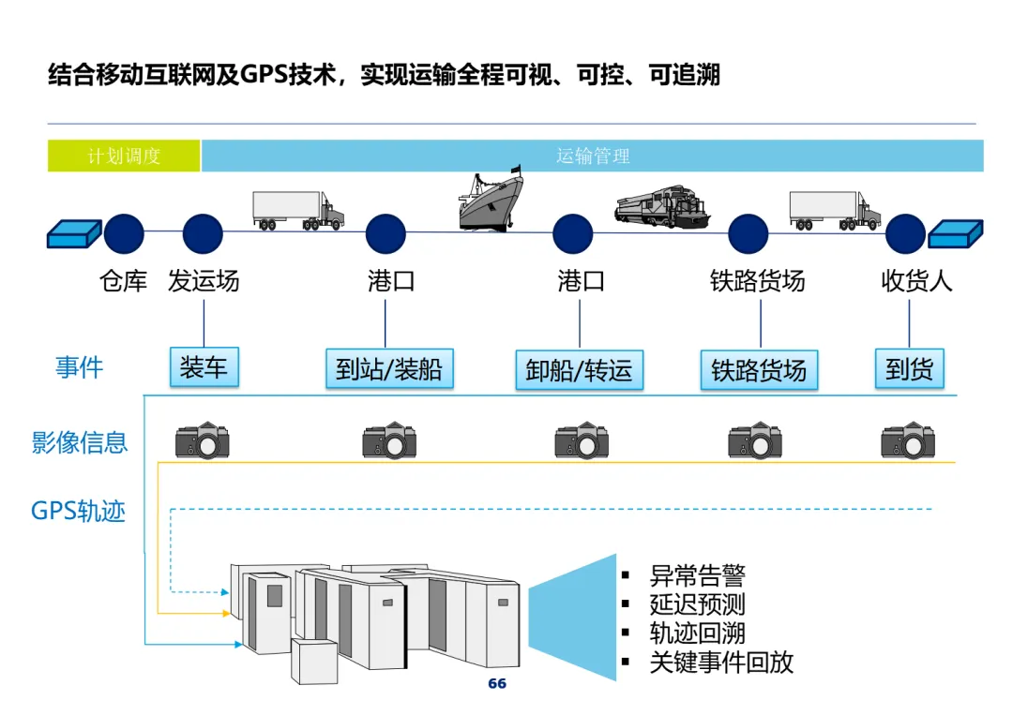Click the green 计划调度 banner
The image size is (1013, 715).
point(124,156)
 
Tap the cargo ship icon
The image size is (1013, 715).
point(491,199)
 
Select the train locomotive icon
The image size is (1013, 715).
point(662,206)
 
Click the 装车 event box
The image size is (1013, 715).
point(204,367)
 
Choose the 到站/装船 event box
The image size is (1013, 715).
point(388,369)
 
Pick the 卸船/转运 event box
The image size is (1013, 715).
point(579,370)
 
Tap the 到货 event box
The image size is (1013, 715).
point(909,369)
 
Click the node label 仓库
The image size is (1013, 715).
point(124,281)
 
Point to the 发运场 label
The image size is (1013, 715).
point(204,281)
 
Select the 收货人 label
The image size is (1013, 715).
point(916,281)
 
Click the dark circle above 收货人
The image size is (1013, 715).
point(905,234)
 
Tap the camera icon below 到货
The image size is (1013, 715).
point(908,439)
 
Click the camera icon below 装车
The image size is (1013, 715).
point(203,439)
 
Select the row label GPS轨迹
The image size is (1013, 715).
point(79,512)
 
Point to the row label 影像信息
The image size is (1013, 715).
point(80,442)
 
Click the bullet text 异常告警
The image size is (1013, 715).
point(697,575)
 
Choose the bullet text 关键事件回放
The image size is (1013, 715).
point(721,663)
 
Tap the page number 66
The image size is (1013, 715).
point(497,684)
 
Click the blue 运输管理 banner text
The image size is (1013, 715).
point(593,156)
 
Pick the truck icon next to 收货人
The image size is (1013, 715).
point(835,210)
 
